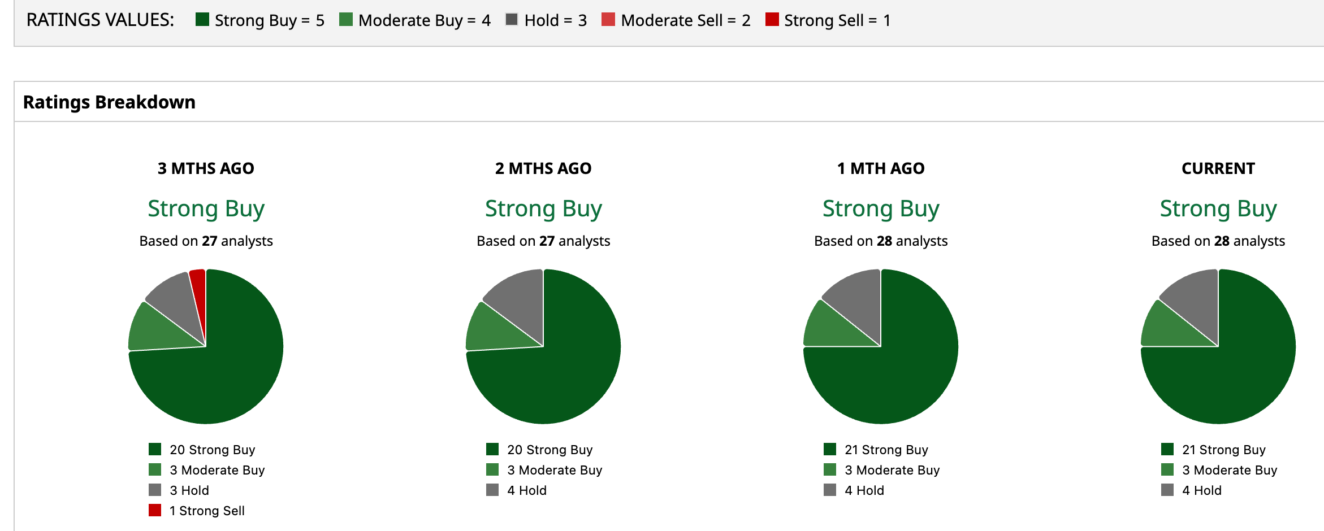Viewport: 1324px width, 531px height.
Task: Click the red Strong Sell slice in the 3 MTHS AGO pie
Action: (198, 294)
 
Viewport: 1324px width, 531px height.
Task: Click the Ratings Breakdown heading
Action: (109, 102)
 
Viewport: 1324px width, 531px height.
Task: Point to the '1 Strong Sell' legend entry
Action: (197, 511)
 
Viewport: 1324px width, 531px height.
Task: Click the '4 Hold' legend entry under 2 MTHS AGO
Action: (516, 490)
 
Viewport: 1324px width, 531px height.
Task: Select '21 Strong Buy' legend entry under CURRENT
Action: (1213, 450)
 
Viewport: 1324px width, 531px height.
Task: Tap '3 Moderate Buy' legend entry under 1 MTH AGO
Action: (882, 470)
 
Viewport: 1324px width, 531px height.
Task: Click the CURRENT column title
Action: (1218, 168)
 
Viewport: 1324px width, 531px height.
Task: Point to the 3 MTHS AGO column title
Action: (206, 168)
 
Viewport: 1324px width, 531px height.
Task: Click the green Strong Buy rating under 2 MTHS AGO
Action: (543, 208)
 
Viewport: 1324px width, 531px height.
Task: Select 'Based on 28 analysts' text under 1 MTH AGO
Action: (881, 241)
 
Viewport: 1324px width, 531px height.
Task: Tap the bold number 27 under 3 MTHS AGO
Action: (210, 241)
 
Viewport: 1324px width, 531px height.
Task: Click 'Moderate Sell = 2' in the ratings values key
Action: (676, 20)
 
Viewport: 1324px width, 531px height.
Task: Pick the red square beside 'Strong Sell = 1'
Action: (772, 19)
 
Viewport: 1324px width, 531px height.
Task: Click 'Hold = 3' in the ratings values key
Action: (546, 20)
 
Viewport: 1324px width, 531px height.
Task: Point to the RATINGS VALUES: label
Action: (100, 20)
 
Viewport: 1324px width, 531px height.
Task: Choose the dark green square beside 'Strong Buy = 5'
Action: (202, 19)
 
